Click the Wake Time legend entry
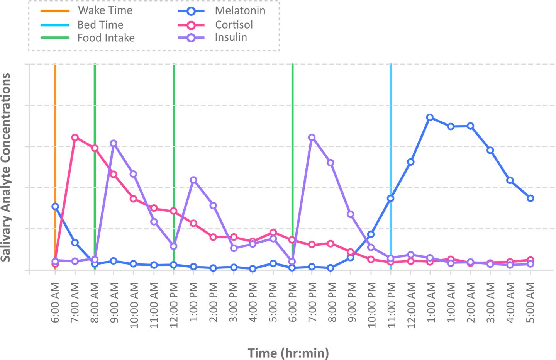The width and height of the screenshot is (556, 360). (x=105, y=10)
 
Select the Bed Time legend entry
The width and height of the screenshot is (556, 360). (x=100, y=25)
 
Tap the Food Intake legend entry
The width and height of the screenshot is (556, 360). (x=106, y=38)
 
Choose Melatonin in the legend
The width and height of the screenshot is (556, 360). (x=240, y=11)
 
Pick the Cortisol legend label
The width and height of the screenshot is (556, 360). (x=234, y=25)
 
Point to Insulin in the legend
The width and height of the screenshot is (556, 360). (x=231, y=37)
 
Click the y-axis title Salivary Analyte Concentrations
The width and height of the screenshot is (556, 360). (x=6, y=167)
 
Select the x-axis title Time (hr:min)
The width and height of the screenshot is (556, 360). (x=288, y=353)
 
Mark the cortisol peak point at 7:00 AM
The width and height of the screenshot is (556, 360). (x=75, y=138)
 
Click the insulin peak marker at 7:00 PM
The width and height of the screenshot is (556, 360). (x=312, y=138)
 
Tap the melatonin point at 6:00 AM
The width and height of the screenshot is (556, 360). (x=55, y=206)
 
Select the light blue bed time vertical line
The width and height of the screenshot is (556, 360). (x=391, y=135)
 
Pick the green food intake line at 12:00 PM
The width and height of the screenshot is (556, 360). (x=174, y=135)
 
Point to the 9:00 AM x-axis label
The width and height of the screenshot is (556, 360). (x=114, y=306)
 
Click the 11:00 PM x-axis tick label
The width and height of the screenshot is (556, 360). (x=391, y=306)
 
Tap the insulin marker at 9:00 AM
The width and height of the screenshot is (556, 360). (x=114, y=143)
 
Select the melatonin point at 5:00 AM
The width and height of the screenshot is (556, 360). (x=530, y=198)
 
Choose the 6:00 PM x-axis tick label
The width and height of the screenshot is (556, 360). (x=293, y=306)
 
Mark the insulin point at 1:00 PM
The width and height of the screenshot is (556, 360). (x=193, y=180)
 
